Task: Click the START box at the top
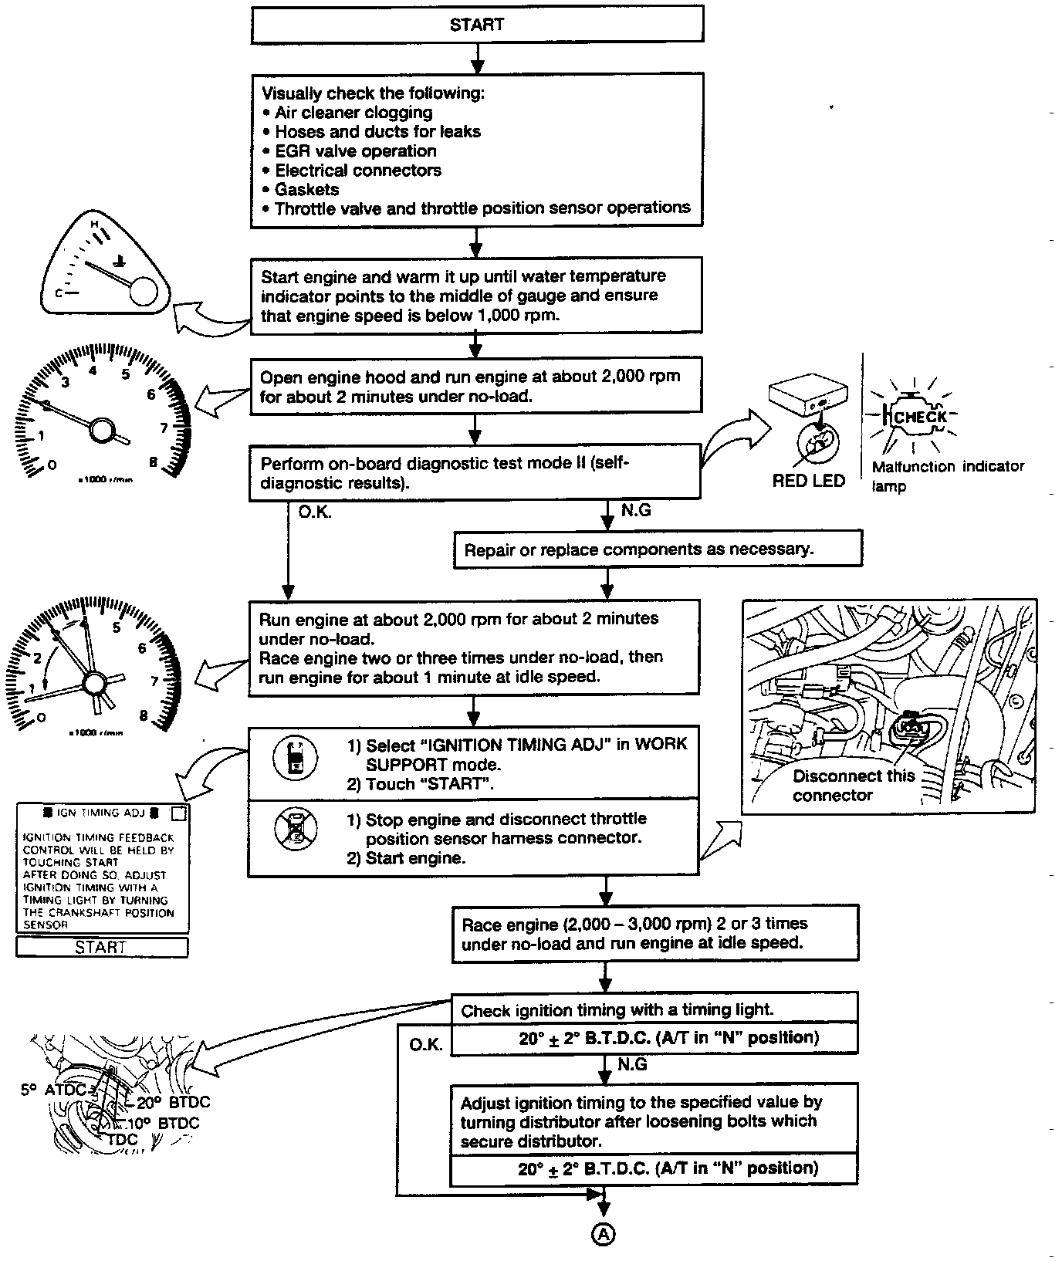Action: click(x=477, y=25)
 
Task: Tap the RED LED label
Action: click(x=809, y=481)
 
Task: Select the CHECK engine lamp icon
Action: click(x=918, y=417)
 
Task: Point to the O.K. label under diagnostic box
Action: click(x=314, y=512)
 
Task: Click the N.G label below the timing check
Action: click(x=633, y=1065)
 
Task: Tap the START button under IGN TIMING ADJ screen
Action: click(x=101, y=948)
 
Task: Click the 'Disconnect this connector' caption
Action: click(x=853, y=786)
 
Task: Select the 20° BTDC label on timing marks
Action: click(x=174, y=1102)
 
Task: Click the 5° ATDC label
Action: click(x=53, y=1090)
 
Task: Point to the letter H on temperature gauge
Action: click(x=95, y=224)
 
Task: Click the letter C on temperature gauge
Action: click(x=58, y=293)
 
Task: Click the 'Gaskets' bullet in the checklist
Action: click(x=307, y=189)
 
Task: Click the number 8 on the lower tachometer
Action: click(x=144, y=715)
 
